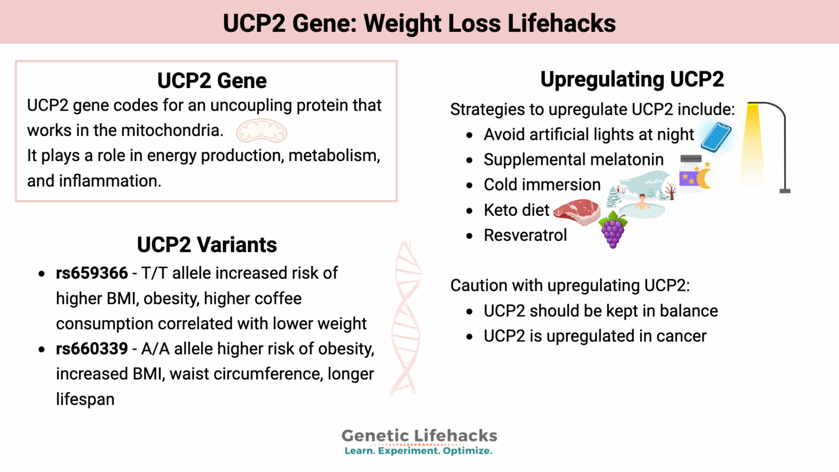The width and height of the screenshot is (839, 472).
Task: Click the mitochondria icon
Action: coord(262,131)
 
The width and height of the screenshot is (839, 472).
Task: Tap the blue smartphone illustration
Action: coord(716,137)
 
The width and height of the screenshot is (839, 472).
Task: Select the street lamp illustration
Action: coord(765,146)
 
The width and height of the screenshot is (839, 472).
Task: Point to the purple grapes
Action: coord(613,230)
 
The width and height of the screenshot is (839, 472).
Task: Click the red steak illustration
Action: coord(577,211)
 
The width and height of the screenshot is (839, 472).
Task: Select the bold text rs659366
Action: coord(92,273)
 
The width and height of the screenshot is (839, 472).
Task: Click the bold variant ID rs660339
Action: coord(92,349)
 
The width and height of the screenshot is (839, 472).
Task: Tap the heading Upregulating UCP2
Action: coord(632,79)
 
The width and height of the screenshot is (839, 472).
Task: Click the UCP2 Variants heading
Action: coord(206,245)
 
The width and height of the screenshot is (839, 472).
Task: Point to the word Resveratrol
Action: coord(525,235)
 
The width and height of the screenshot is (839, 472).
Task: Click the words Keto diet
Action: coord(516,210)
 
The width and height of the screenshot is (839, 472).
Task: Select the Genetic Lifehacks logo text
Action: coord(419,435)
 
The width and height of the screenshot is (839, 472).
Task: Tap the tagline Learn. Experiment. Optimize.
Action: coord(418,451)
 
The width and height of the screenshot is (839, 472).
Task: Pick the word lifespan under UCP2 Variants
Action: coord(85,399)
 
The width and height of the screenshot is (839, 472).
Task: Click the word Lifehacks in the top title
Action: coord(561,23)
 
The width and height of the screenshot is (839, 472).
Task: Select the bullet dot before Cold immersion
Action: coord(469,185)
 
